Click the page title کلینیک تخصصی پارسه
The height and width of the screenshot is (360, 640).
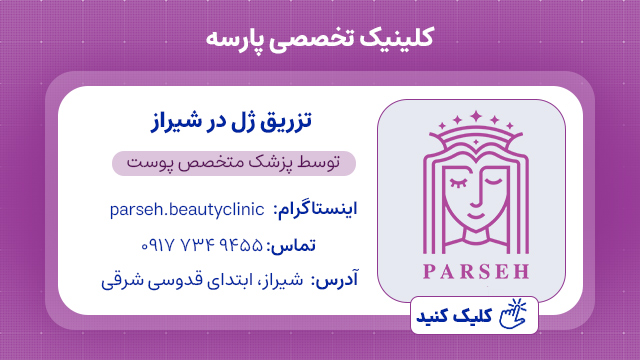tap(319, 38)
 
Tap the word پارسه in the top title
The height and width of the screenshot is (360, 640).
tap(232, 38)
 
